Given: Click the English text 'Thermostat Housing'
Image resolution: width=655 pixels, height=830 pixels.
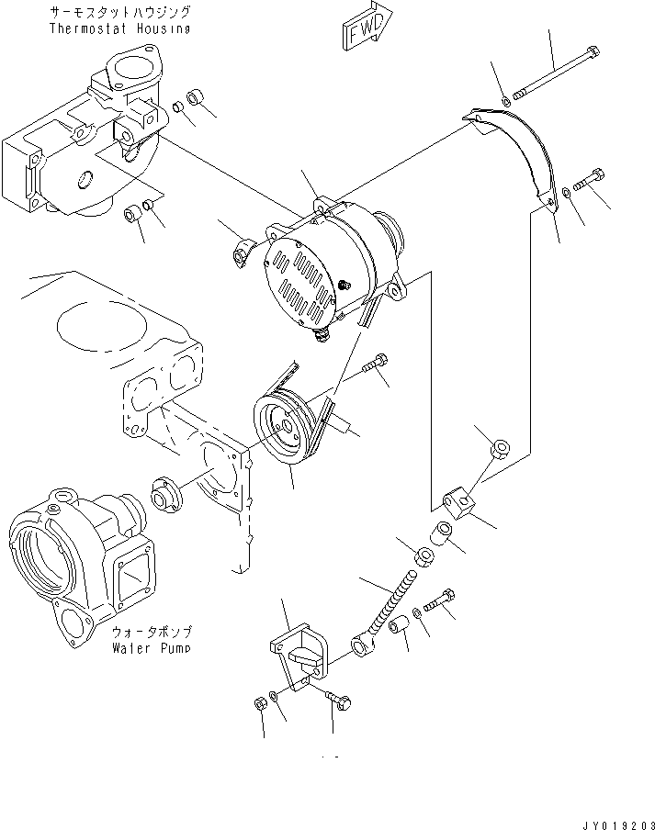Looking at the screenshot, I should coord(119,28).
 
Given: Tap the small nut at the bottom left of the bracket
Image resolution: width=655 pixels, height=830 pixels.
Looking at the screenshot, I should coord(259,704).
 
